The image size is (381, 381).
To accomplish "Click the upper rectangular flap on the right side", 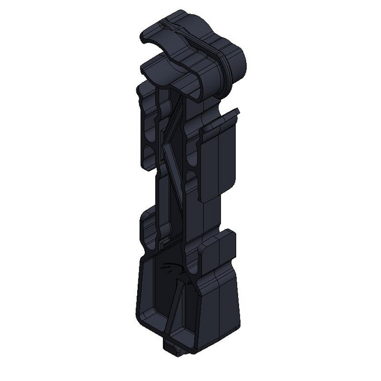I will (x=217, y=161).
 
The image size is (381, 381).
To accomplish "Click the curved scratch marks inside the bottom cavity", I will (x=170, y=270).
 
